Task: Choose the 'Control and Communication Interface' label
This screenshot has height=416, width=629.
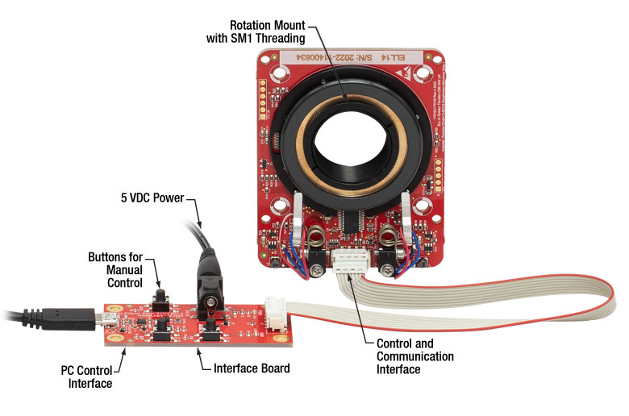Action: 414,356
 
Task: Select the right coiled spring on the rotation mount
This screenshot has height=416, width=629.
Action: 390,238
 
